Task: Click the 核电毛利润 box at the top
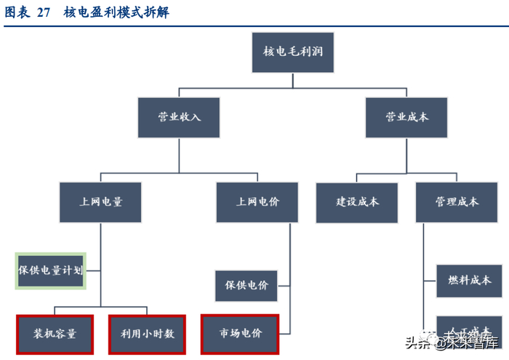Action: pyautogui.click(x=293, y=52)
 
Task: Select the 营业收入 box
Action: pyautogui.click(x=178, y=116)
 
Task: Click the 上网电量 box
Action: pyautogui.click(x=100, y=201)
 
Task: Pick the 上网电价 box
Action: pyautogui.click(x=257, y=201)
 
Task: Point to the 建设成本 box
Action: pyautogui.click(x=357, y=201)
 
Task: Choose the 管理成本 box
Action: pyautogui.click(x=457, y=201)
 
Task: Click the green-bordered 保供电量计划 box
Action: pyautogui.click(x=51, y=271)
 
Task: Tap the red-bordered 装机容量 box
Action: pyautogui.click(x=55, y=334)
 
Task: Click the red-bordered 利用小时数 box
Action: pyautogui.click(x=147, y=334)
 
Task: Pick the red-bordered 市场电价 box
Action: pyautogui.click(x=240, y=334)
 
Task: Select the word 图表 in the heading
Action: pyautogui.click(x=17, y=12)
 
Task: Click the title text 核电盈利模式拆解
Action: pyautogui.click(x=116, y=12)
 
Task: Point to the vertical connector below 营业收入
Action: pyautogui.click(x=178, y=154)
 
